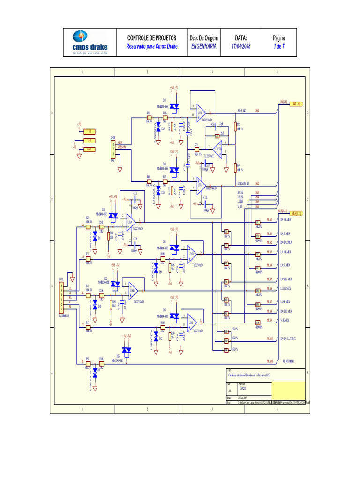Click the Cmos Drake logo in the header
coord(90,42)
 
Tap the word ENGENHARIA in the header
coord(203,46)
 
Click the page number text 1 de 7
coord(279,46)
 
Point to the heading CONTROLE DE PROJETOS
coord(152,37)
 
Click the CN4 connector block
coord(112,150)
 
